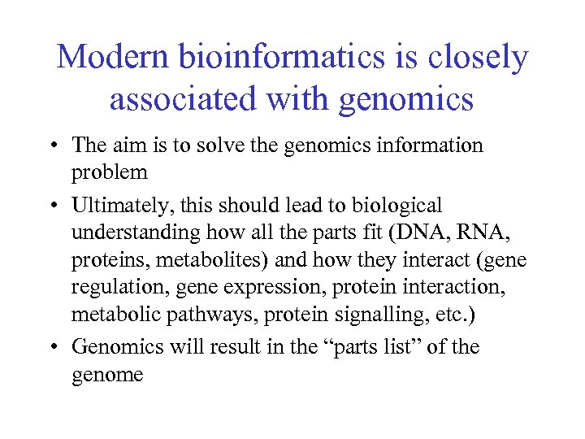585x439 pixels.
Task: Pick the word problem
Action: [110, 173]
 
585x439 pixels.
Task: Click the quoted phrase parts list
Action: [366, 347]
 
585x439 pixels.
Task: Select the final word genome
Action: [107, 375]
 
